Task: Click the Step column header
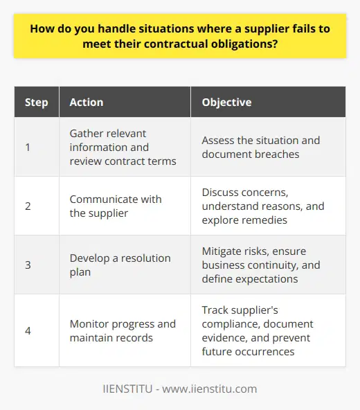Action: (x=37, y=102)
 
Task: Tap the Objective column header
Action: (x=226, y=102)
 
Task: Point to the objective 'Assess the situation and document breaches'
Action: (x=260, y=147)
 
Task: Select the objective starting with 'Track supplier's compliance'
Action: (x=260, y=330)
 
